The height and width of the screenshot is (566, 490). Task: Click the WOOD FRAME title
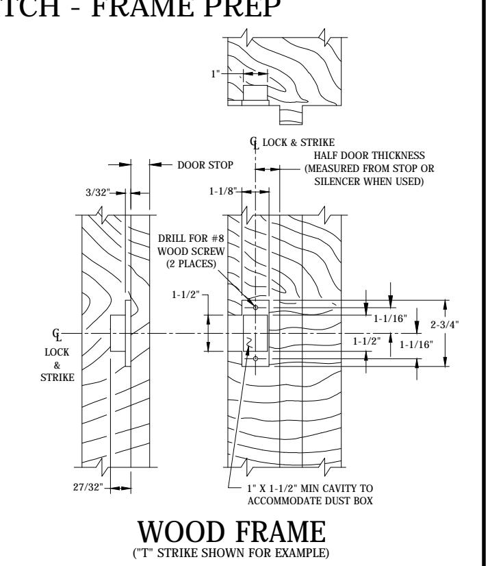[232, 532]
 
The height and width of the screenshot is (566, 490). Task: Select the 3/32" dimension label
[97, 193]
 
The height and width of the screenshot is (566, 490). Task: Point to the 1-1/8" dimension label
[223, 191]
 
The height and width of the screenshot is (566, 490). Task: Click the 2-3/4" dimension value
[445, 325]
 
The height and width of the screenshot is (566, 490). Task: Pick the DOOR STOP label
[205, 165]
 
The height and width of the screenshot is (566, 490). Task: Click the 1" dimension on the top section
[216, 73]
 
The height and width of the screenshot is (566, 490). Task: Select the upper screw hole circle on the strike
[256, 308]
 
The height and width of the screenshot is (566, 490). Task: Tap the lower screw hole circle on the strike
[256, 358]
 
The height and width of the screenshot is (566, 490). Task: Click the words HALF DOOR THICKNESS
[370, 156]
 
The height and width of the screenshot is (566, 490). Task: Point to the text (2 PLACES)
[191, 264]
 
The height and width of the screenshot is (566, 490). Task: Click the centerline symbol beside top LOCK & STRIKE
[254, 143]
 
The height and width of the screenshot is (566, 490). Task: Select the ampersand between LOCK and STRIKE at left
[57, 365]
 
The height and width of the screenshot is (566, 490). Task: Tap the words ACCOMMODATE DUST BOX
[310, 501]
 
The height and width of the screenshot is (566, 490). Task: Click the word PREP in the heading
[242, 8]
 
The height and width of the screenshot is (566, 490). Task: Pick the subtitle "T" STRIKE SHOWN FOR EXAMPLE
[231, 553]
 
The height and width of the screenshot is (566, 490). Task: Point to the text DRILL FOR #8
[191, 238]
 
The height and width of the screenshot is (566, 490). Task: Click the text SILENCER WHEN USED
[370, 181]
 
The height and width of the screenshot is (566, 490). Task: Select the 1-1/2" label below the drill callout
[185, 295]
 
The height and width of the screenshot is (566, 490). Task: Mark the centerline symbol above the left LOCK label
[57, 334]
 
